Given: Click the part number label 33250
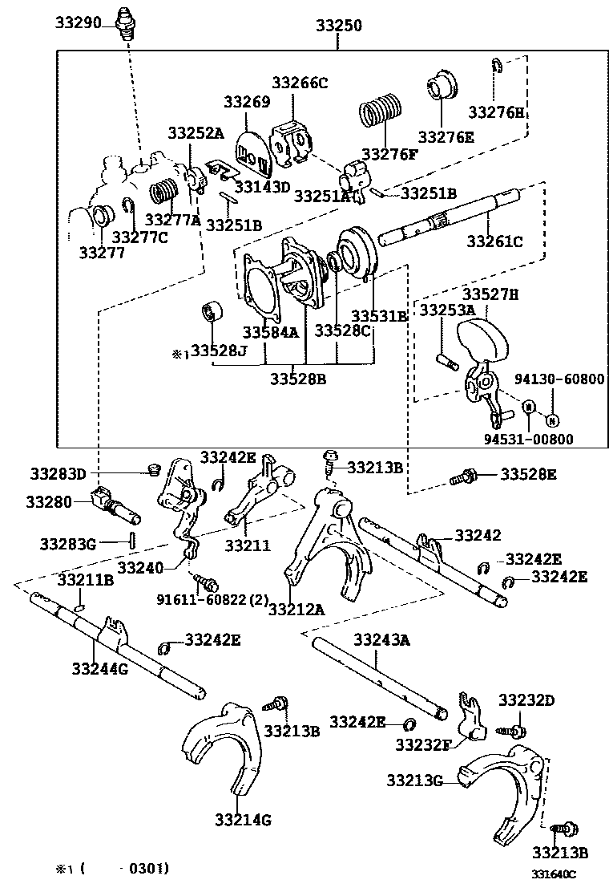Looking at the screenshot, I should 335,26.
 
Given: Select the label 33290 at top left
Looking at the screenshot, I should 78,22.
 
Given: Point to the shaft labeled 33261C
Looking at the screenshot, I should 449,216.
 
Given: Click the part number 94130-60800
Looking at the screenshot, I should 560,379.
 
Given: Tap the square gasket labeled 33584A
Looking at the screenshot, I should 262,283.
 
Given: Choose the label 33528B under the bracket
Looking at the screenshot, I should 297,379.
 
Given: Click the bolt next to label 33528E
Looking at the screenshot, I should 464,477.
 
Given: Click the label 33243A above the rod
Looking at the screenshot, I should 381,639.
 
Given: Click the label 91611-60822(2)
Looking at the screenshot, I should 213,598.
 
